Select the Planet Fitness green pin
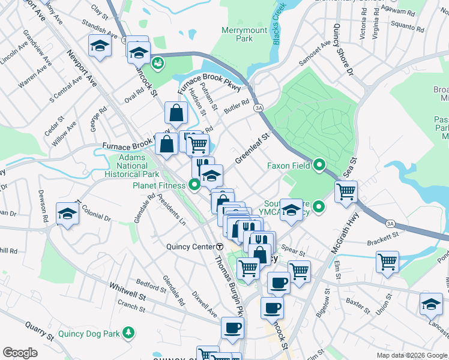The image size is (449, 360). click(194, 185)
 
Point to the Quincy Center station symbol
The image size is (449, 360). click(220, 247)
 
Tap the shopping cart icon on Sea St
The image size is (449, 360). click(346, 191)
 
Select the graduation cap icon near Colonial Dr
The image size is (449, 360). click(67, 213)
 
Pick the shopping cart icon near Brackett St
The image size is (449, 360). click(388, 261)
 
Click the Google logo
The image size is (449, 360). click(20, 353)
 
